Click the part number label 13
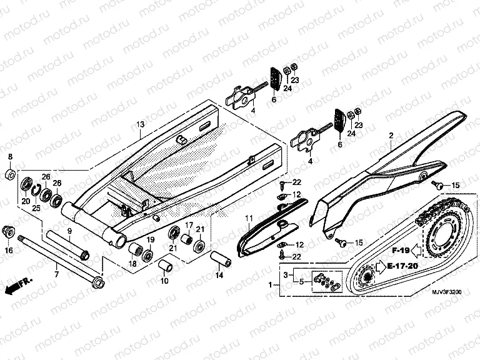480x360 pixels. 140,124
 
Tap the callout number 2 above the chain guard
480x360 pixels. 391,135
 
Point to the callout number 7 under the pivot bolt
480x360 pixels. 57,274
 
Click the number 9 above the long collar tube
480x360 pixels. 69,231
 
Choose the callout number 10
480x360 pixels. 164,282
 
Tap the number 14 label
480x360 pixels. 219,274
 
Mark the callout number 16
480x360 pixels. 9,251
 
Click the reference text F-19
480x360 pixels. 400,251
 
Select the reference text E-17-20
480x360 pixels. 402,266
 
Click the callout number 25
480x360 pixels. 36,207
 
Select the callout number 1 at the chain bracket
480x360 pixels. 270,284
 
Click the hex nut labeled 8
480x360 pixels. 10,173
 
